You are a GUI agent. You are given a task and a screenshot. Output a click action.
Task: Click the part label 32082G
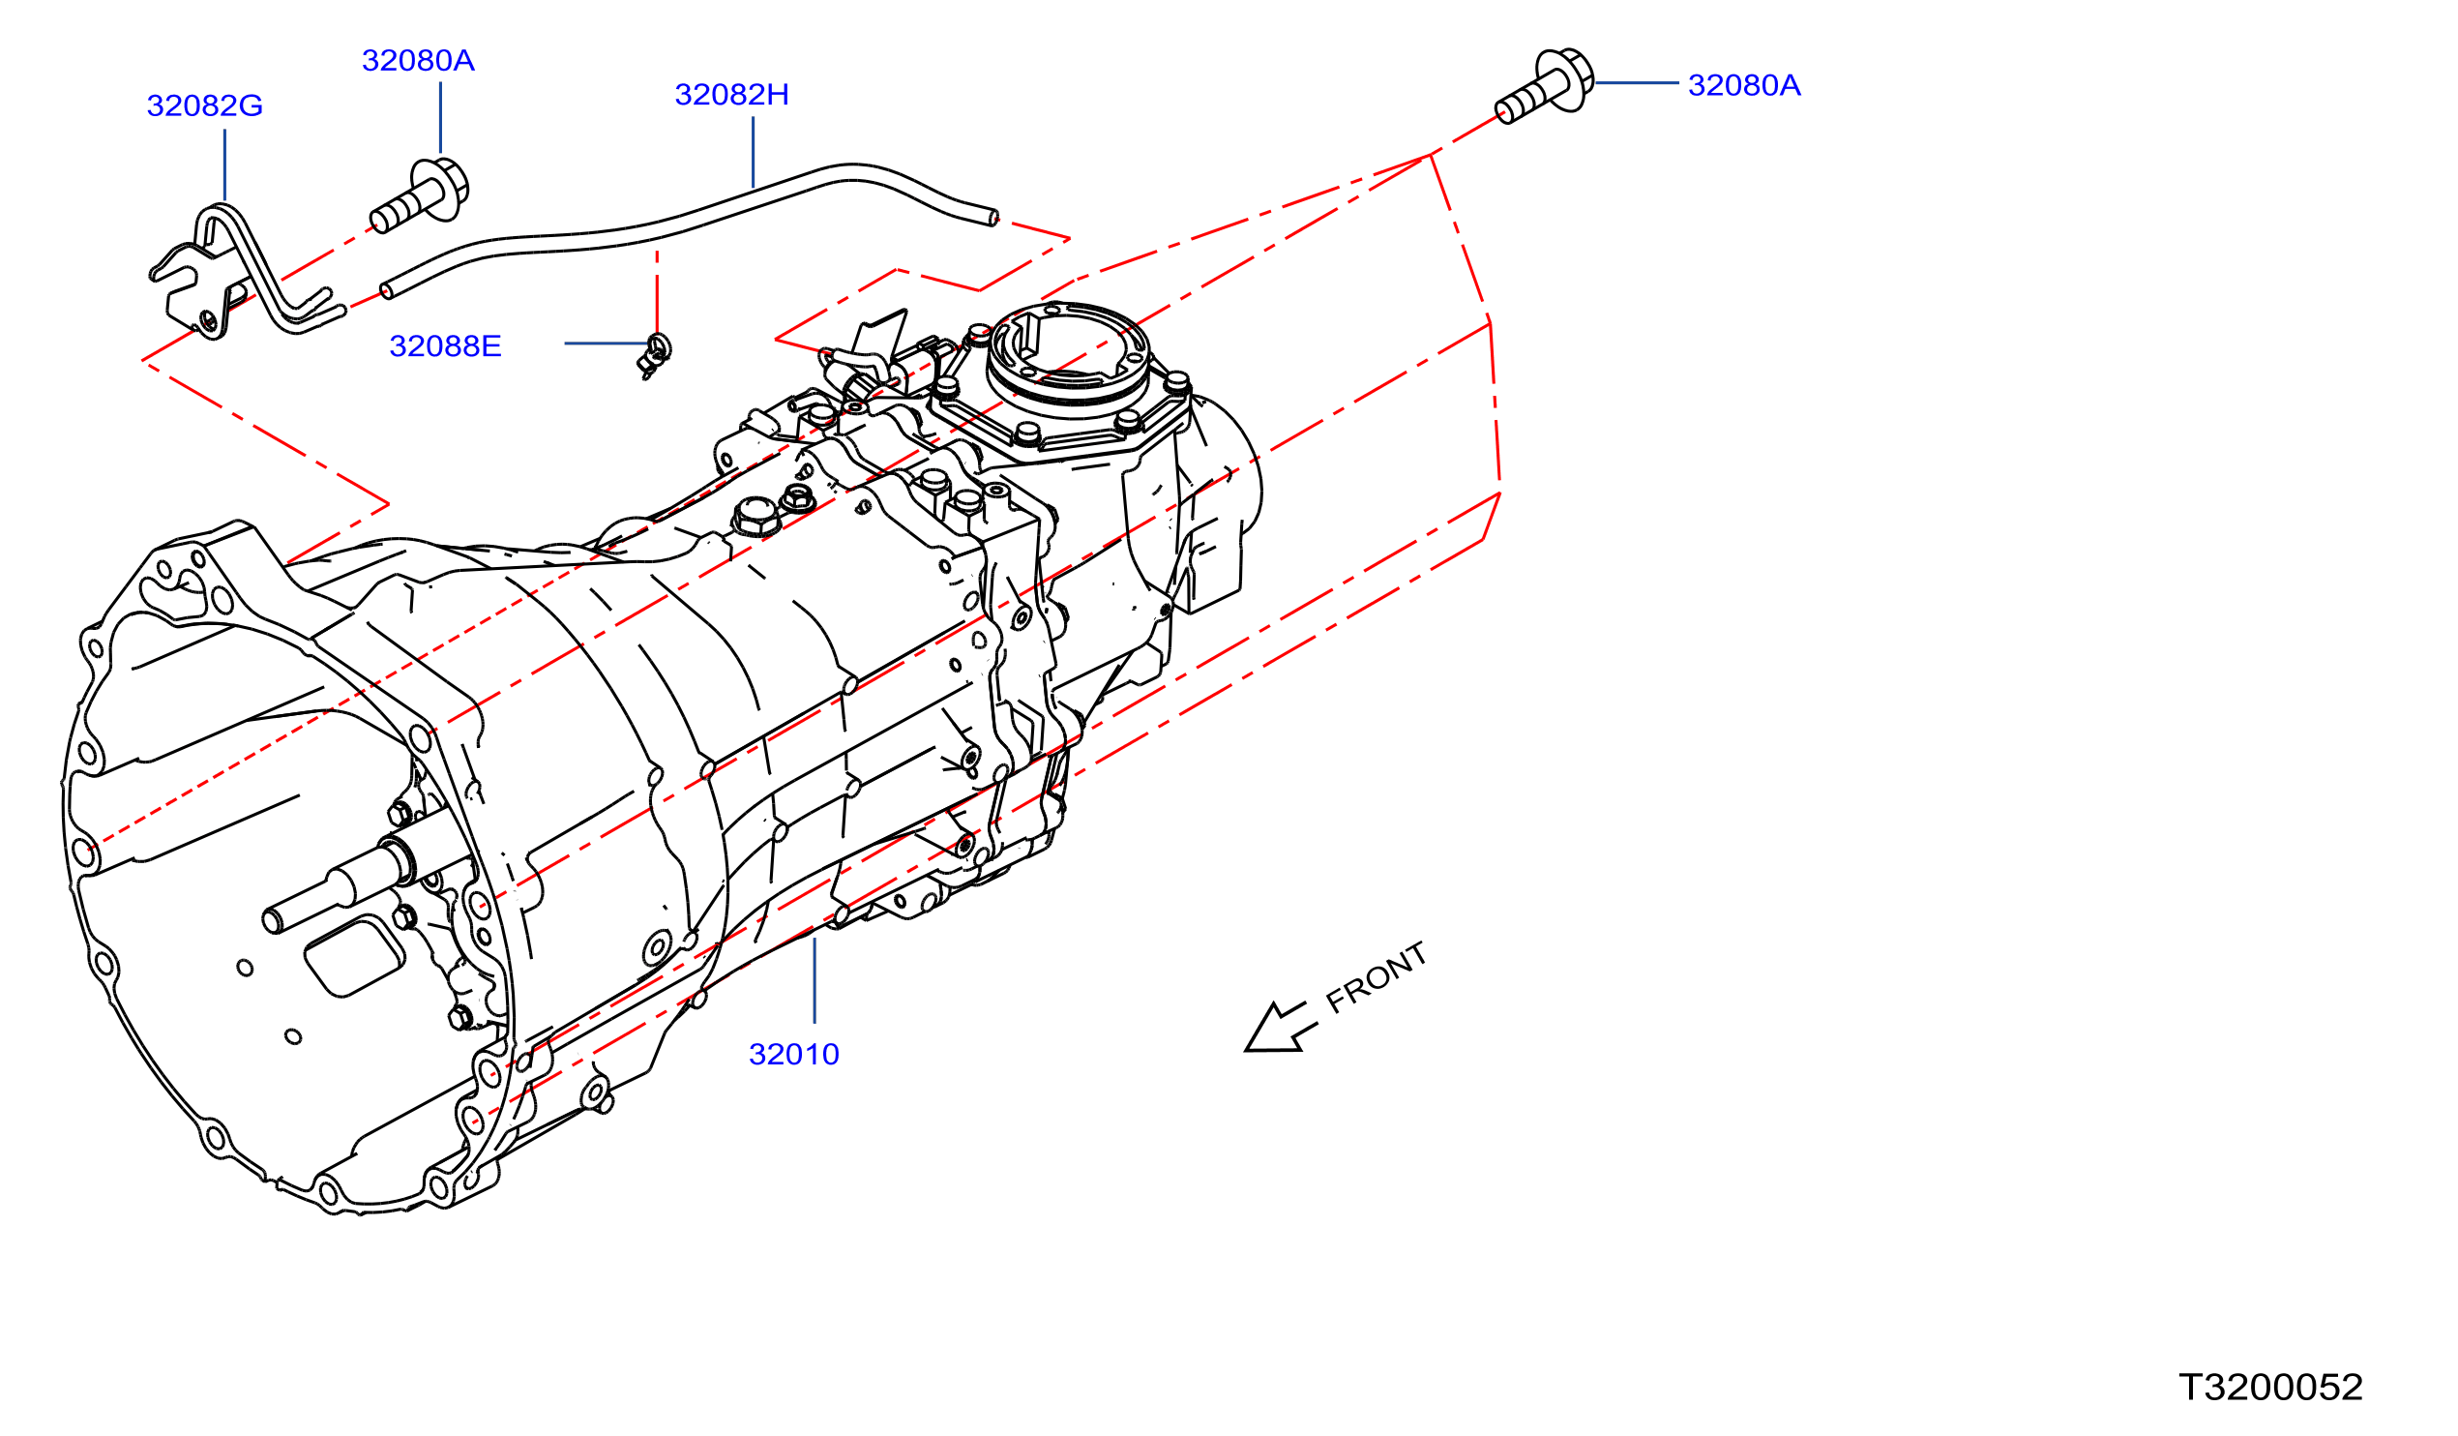pyautogui.click(x=205, y=105)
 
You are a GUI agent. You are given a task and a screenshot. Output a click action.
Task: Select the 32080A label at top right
pyautogui.click(x=1744, y=85)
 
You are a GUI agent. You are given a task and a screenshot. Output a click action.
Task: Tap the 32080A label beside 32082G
pyautogui.click(x=419, y=61)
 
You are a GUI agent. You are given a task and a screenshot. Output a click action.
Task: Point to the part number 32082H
pyautogui.click(x=731, y=95)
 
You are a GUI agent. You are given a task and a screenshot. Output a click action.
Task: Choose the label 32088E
pyautogui.click(x=446, y=346)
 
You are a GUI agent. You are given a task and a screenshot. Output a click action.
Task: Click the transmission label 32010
pyautogui.click(x=794, y=1055)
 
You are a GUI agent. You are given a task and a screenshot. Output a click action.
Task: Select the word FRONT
pyautogui.click(x=1377, y=977)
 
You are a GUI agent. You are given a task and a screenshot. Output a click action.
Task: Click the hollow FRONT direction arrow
pyautogui.click(x=1281, y=1029)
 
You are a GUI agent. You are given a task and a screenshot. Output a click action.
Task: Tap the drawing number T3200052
pyautogui.click(x=2270, y=1388)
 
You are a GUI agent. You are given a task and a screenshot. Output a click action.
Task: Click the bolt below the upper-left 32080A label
pyautogui.click(x=421, y=196)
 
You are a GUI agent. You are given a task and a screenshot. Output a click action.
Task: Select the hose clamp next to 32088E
pyautogui.click(x=656, y=355)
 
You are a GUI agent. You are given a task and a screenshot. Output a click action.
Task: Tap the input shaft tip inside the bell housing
pyautogui.click(x=273, y=921)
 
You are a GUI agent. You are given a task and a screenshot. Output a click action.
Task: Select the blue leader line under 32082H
pyautogui.click(x=753, y=152)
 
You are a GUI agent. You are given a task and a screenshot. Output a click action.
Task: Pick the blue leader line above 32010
pyautogui.click(x=814, y=980)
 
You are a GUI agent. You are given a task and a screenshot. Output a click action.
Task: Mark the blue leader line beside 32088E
pyautogui.click(x=606, y=344)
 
